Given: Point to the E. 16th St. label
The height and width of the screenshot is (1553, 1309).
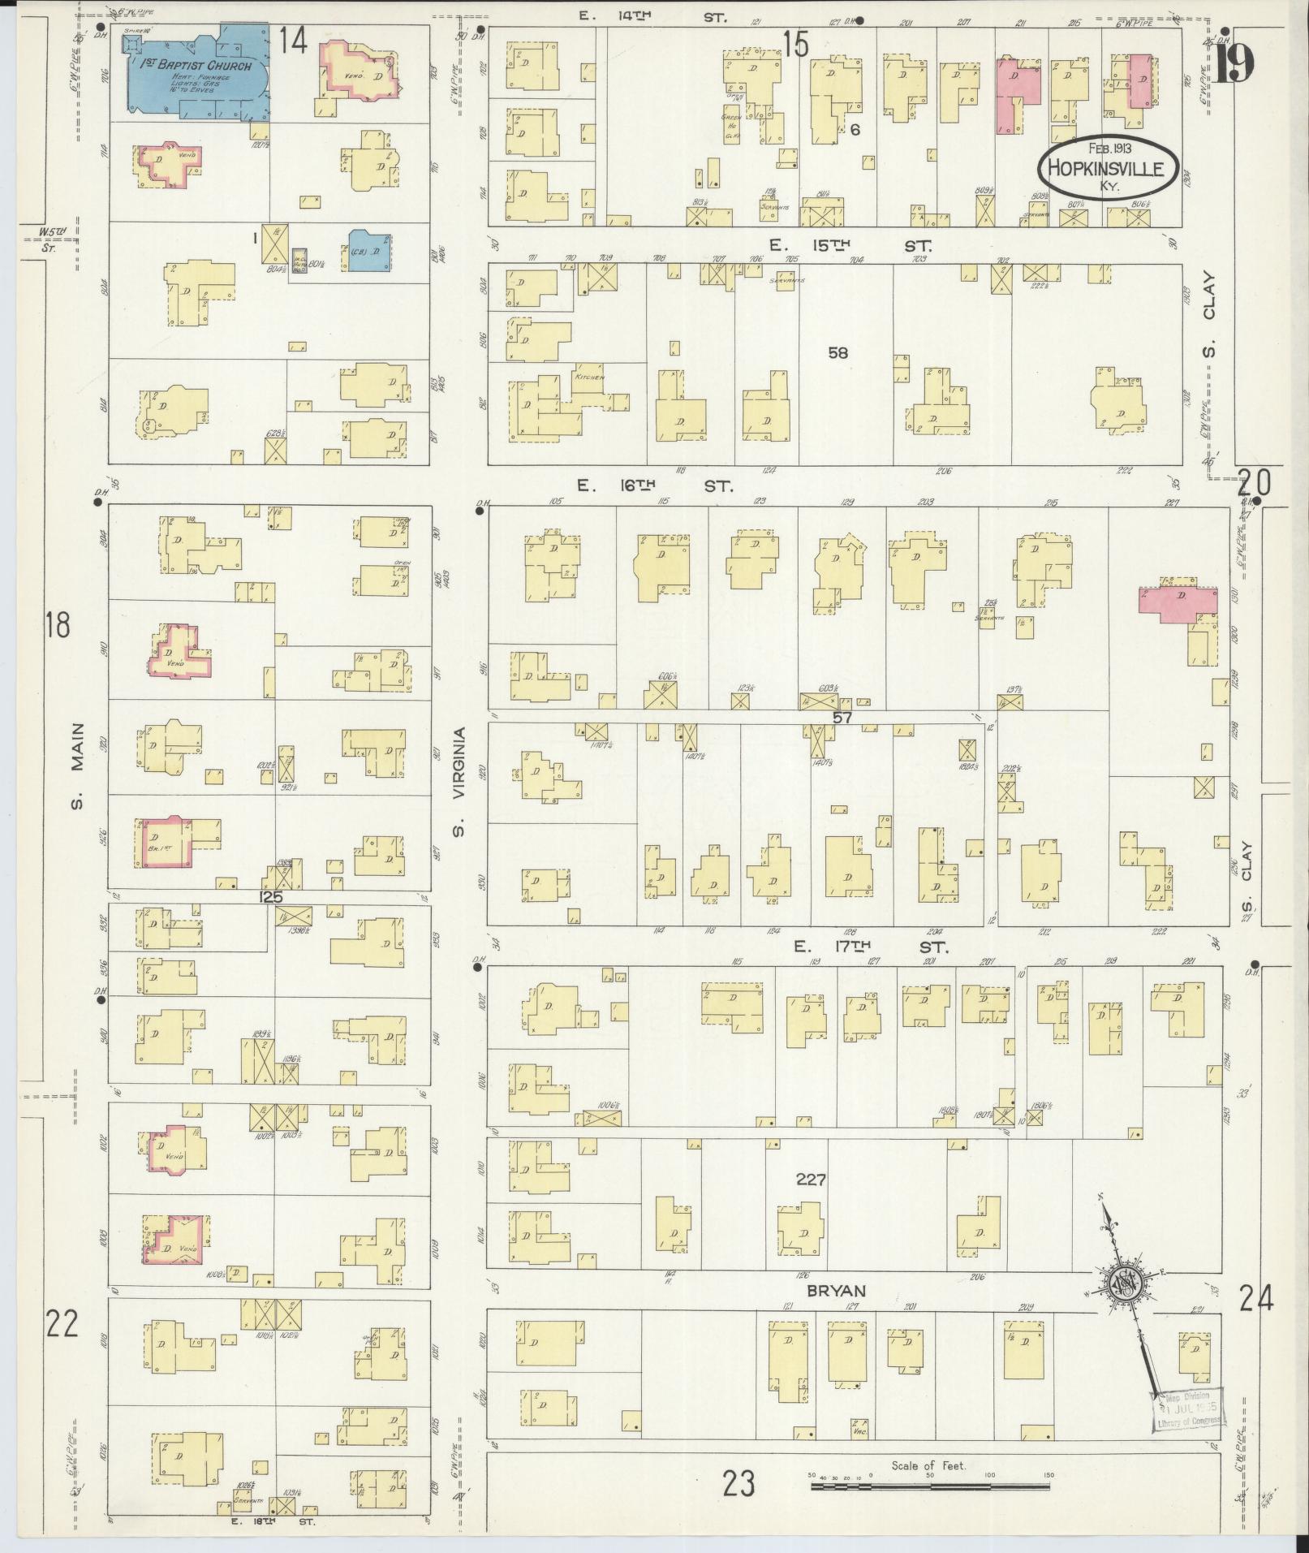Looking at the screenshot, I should point(654,486).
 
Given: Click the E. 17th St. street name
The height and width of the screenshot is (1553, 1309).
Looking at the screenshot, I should point(870,947).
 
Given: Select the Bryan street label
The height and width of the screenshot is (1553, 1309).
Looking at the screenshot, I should point(837,1291).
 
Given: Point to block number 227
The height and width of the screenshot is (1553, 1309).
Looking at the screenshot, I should point(810,1180).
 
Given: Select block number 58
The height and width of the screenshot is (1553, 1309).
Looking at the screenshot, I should point(838,352).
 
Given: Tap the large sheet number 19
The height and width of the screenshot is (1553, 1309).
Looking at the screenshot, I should point(1234,63).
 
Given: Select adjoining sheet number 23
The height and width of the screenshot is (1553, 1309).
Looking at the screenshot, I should point(739,1484).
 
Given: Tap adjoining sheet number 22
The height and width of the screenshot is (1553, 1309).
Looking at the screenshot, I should point(62,1325).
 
